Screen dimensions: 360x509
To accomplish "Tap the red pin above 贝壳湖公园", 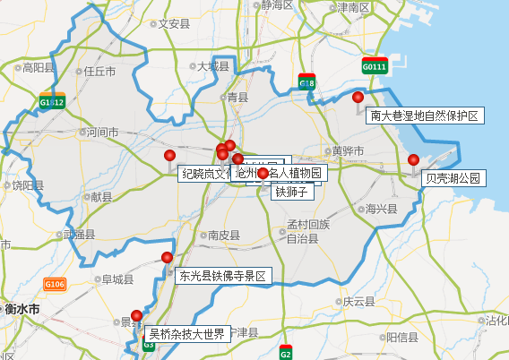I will tap(413, 160).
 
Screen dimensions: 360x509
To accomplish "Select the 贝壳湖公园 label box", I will tap(453, 178).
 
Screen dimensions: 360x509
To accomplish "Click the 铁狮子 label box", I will tap(291, 192).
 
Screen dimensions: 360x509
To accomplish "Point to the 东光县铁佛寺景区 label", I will tap(223, 276).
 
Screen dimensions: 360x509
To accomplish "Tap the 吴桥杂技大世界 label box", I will tap(186, 334).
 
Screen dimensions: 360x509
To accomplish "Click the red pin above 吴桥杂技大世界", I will tap(137, 315).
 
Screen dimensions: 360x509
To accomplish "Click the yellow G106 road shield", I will tap(55, 285).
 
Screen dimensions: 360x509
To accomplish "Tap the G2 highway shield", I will tap(286, 352).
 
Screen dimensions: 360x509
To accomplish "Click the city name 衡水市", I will tap(22, 309).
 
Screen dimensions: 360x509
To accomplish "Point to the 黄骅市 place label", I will tap(345, 150).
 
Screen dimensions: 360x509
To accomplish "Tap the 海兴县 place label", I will tap(381, 208).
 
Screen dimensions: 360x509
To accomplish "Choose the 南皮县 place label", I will tap(223, 235).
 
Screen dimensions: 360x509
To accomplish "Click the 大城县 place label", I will tap(213, 66).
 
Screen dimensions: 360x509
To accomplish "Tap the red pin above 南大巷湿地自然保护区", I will tap(358, 98).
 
